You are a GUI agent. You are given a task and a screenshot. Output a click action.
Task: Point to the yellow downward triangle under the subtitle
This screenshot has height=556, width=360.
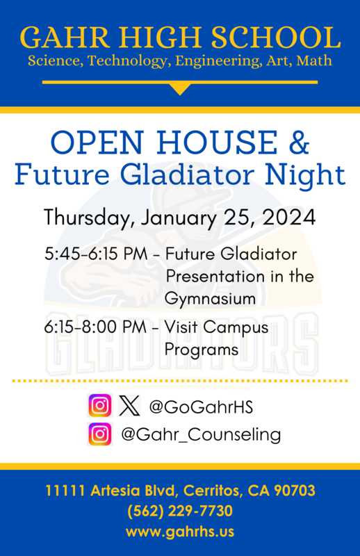(x=180, y=88)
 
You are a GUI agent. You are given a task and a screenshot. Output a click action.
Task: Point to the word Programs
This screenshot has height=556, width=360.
(x=202, y=349)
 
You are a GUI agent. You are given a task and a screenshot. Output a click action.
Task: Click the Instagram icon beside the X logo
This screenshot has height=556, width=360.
(x=100, y=405)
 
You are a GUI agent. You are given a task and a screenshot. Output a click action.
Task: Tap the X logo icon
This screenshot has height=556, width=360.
(x=129, y=405)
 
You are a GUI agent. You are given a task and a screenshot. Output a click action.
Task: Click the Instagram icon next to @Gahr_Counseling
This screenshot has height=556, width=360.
(x=100, y=434)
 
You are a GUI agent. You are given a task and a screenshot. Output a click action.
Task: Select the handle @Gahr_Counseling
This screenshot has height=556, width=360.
(x=201, y=435)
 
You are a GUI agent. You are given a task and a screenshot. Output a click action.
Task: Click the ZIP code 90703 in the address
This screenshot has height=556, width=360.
(x=293, y=491)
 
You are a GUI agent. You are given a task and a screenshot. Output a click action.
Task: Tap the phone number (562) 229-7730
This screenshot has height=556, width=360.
(x=180, y=512)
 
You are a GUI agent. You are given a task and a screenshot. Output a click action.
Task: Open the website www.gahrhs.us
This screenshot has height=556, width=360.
(x=180, y=532)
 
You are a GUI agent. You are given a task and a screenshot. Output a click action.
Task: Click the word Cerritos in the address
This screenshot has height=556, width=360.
(x=211, y=491)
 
